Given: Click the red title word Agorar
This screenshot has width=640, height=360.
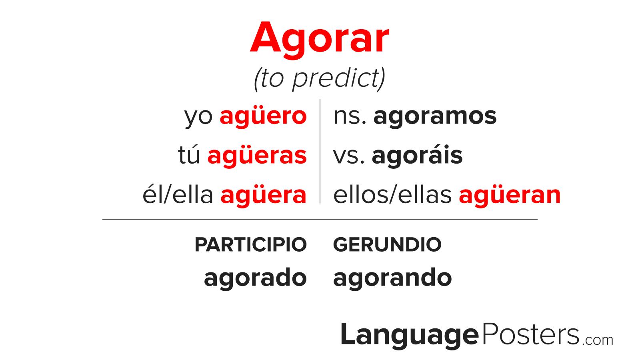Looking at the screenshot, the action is coord(320,38).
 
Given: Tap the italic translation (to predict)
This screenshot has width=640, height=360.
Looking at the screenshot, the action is coord(320,79).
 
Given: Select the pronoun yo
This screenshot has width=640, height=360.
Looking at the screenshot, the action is coord(198,118).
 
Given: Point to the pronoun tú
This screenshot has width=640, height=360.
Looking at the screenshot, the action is coord(189,154).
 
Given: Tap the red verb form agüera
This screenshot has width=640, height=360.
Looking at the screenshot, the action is coord(264,196).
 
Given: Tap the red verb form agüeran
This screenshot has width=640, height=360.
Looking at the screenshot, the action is coord(510,196).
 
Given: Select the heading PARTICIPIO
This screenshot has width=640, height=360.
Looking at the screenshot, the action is coord(250,244).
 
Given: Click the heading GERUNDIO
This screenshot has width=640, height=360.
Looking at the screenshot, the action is coord(388,244).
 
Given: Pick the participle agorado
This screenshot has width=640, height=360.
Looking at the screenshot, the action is coord(256,278).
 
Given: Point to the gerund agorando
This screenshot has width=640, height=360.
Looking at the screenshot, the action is coord(392,278).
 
